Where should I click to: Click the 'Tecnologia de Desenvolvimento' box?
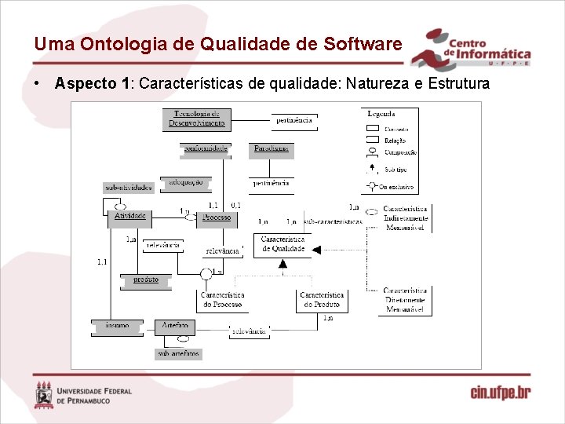pyautogui.click(x=199, y=119)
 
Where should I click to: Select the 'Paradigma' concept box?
pyautogui.click(x=272, y=148)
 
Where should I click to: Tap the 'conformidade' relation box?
pyautogui.click(x=206, y=148)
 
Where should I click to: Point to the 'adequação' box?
pyautogui.click(x=185, y=182)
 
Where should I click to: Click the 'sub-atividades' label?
pyautogui.click(x=129, y=188)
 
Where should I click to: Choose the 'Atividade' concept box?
pyautogui.click(x=129, y=216)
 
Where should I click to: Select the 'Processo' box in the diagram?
pyautogui.click(x=217, y=217)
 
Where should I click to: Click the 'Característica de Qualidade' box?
pyautogui.click(x=282, y=244)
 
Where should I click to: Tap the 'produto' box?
pyautogui.click(x=145, y=280)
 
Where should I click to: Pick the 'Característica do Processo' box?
pyautogui.click(x=222, y=300)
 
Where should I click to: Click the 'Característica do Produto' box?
pyautogui.click(x=322, y=300)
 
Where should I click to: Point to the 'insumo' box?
pyautogui.click(x=117, y=326)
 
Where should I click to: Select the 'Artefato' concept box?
pyautogui.click(x=174, y=326)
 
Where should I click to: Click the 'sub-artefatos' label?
pyautogui.click(x=179, y=354)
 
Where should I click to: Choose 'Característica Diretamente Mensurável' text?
pyautogui.click(x=406, y=300)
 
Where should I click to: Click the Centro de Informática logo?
pyautogui.click(x=472, y=48)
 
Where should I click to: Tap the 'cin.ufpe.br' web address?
pyautogui.click(x=500, y=393)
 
